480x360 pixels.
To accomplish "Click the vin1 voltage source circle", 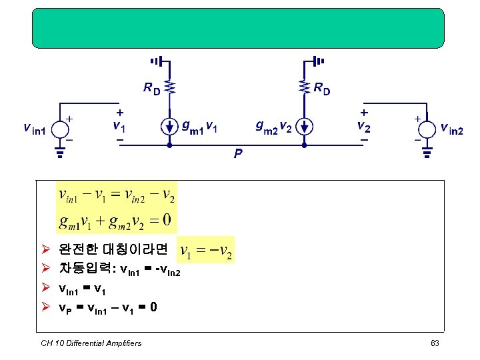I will point(59,129).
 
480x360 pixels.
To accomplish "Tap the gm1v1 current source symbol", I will point(170,127).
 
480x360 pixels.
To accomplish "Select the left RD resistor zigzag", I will point(170,87).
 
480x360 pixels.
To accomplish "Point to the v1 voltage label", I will point(118,125).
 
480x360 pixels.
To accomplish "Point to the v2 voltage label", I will point(363,125).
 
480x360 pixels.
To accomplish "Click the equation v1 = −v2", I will point(207,250).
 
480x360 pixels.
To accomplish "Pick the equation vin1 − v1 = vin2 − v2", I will point(117,195).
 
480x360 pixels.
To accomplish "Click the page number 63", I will point(435,343).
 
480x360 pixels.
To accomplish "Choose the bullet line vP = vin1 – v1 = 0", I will point(107,308).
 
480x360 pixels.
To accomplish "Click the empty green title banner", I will point(238,28).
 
